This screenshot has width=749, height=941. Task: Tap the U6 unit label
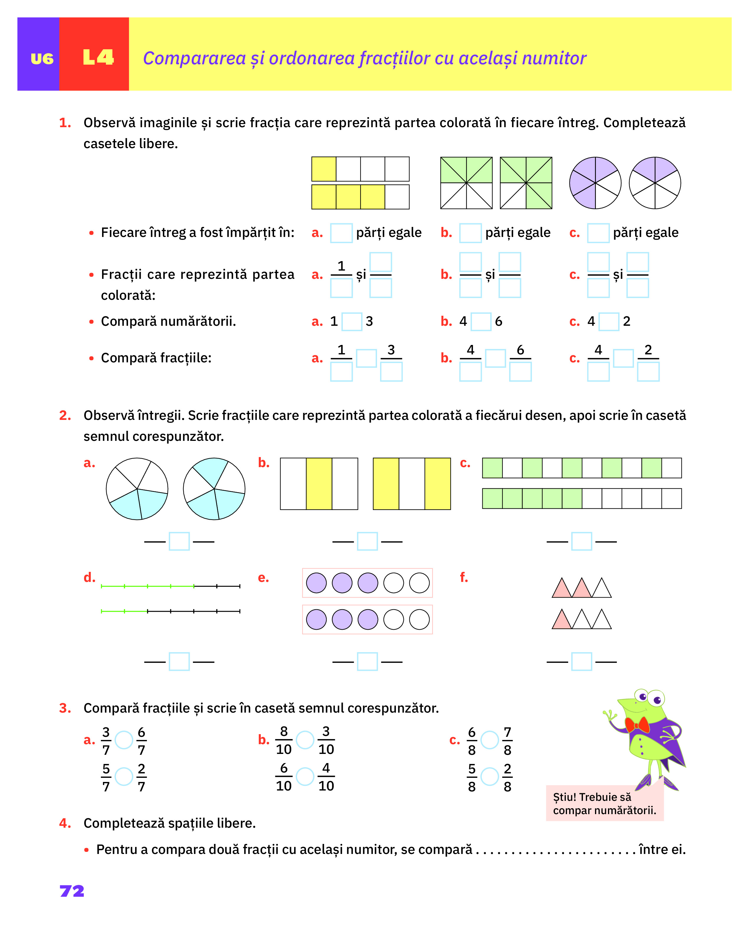click(42, 58)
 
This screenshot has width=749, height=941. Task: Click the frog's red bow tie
click(637, 725)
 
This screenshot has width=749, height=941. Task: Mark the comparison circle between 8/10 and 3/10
click(305, 740)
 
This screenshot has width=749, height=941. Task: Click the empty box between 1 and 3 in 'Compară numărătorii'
click(352, 322)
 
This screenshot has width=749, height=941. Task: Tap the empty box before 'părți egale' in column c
click(598, 233)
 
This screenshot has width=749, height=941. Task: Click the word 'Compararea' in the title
click(194, 58)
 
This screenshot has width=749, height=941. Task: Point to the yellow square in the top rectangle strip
click(324, 169)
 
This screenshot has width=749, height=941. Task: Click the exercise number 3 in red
click(65, 708)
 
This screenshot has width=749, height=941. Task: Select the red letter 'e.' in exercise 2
click(263, 577)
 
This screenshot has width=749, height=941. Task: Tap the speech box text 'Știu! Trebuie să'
click(592, 797)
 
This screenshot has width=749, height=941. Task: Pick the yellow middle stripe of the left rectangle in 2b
click(319, 484)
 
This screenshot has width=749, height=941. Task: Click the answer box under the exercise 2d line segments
click(179, 662)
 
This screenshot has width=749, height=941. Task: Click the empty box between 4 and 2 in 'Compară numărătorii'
click(609, 322)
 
